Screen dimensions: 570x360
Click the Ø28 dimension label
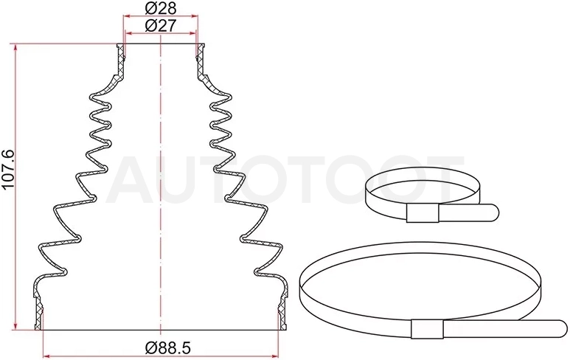click(x=160, y=8)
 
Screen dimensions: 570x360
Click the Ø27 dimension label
click(x=160, y=26)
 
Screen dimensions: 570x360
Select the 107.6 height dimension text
click(x=8, y=169)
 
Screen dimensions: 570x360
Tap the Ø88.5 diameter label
click(x=167, y=348)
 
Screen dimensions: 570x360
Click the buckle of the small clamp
click(x=423, y=213)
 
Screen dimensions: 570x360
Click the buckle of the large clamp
click(x=427, y=329)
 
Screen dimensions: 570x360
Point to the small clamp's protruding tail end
click(x=493, y=212)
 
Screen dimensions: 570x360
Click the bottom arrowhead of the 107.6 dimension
click(x=15, y=325)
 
